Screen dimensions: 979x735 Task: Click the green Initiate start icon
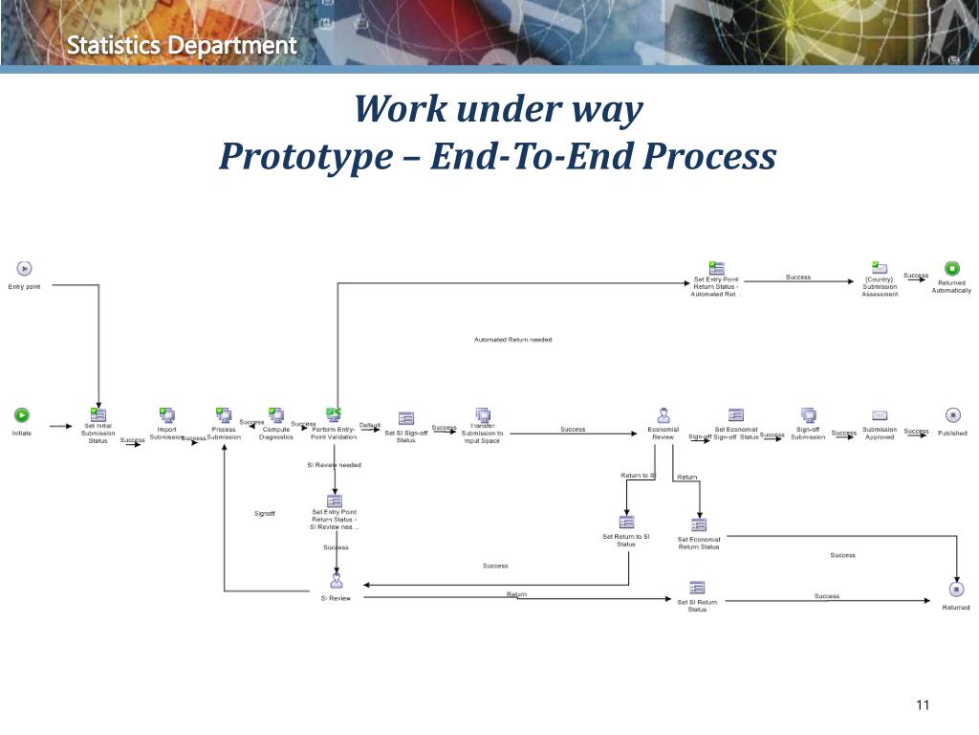point(21,415)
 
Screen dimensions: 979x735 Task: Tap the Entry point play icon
point(25,269)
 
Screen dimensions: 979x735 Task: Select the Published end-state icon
point(952,415)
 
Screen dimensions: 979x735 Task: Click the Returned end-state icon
point(955,590)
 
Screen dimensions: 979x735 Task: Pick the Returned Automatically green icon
point(952,269)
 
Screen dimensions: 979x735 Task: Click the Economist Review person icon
point(663,415)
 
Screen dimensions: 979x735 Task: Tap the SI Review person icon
point(336,580)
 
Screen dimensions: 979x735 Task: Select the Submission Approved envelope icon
point(880,415)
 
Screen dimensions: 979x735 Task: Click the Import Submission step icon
point(167,415)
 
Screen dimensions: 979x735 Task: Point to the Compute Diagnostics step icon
point(276,415)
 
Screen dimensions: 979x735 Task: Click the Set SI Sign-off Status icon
point(406,418)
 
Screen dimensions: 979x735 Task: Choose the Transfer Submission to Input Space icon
point(483,415)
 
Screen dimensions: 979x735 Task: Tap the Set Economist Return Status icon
point(699,524)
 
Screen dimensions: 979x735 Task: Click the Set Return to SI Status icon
point(626,523)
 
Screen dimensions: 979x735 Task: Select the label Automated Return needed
point(512,340)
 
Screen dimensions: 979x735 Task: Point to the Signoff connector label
point(265,514)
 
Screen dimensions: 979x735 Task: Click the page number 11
point(923,706)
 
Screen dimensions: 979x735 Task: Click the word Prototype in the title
point(301,156)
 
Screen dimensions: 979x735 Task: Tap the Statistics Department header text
point(182,45)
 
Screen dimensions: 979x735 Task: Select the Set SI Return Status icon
point(697,588)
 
